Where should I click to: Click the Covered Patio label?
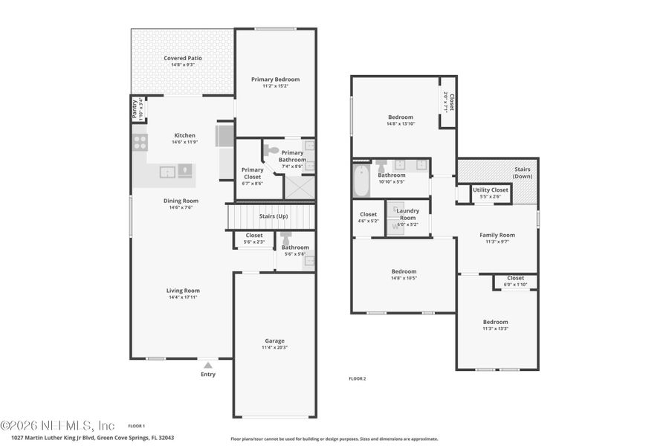[183, 58]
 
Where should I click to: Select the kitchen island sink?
[168, 172]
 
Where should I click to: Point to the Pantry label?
[135, 109]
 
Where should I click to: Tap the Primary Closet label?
[253, 169]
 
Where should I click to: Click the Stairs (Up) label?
[272, 216]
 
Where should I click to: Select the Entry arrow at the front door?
[208, 365]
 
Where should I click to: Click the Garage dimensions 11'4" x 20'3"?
[274, 347]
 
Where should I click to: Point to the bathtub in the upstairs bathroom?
[361, 180]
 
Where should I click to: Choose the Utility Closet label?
[491, 190]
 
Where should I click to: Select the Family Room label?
[497, 235]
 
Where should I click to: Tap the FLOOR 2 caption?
[358, 378]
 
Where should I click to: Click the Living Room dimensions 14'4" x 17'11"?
[182, 297]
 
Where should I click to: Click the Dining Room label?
[181, 200]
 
